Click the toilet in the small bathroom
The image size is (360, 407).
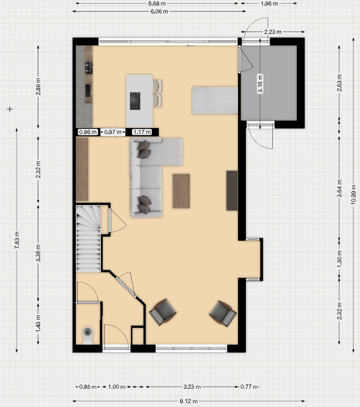87,335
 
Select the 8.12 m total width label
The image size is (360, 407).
189,401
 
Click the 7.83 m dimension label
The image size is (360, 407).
17,240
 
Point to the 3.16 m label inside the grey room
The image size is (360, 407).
260,83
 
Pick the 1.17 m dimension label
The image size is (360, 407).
142,132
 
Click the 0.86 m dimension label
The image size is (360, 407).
88,132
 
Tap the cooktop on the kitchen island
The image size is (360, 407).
135,101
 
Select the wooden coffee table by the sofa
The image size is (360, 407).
182,191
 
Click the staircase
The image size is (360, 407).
88,239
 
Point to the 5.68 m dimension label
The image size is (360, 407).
157,4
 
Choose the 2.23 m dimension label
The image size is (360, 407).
273,32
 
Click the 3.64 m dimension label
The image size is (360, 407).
340,188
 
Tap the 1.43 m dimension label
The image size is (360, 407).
38,324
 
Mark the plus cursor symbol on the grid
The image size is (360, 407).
10,109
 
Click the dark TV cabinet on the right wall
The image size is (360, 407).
232,190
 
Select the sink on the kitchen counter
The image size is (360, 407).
88,91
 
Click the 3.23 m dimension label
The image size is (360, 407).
192,387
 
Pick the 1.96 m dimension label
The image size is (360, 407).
269,4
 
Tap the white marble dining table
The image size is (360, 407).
215,100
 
